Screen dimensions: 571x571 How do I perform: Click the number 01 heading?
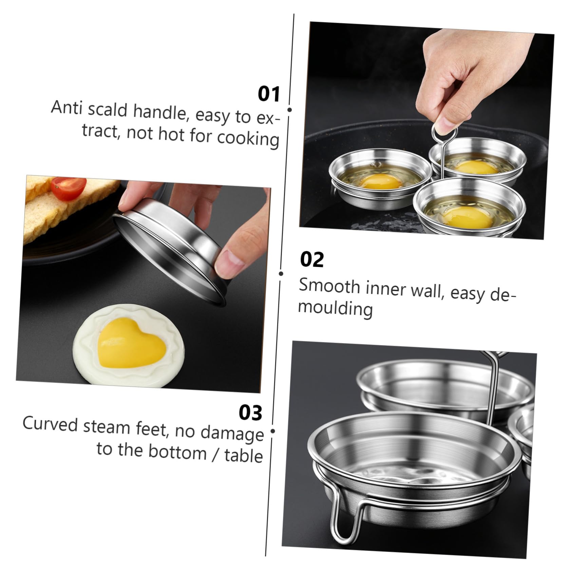pyautogui.click(x=269, y=94)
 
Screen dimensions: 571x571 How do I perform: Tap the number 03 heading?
pyautogui.click(x=250, y=413)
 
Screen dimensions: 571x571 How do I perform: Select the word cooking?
pyautogui.click(x=248, y=138)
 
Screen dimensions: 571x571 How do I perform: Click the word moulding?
pyautogui.click(x=335, y=308)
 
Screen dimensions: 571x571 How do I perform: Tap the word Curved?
pyautogui.click(x=50, y=425)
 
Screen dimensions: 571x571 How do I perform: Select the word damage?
pyautogui.click(x=232, y=433)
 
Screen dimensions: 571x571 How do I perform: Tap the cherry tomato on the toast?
pyautogui.click(x=69, y=188)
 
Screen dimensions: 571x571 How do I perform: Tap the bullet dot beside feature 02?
pyautogui.click(x=281, y=273)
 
